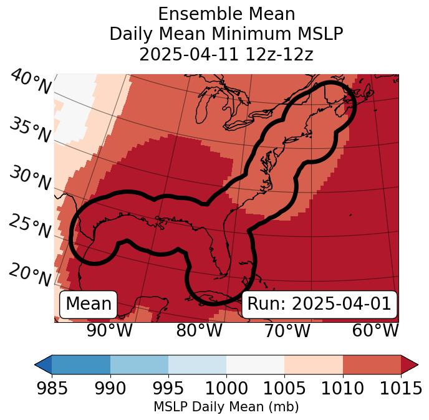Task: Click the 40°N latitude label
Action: pos(30,82)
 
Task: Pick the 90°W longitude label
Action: pos(109,330)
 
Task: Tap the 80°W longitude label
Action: pos(199,330)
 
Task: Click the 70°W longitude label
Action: pos(287,330)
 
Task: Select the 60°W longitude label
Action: pos(375,330)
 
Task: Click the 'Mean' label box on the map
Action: pos(89,304)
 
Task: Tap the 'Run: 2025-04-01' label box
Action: pos(319,304)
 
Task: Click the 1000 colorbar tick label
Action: pos(226,389)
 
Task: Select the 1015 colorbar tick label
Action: pos(400,389)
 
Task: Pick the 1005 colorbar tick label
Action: pos(284,389)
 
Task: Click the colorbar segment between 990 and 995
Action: pos(139,365)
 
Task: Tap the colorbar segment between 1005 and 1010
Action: pos(314,365)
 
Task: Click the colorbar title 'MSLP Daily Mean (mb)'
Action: pos(226,407)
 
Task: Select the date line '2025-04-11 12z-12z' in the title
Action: pos(226,54)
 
